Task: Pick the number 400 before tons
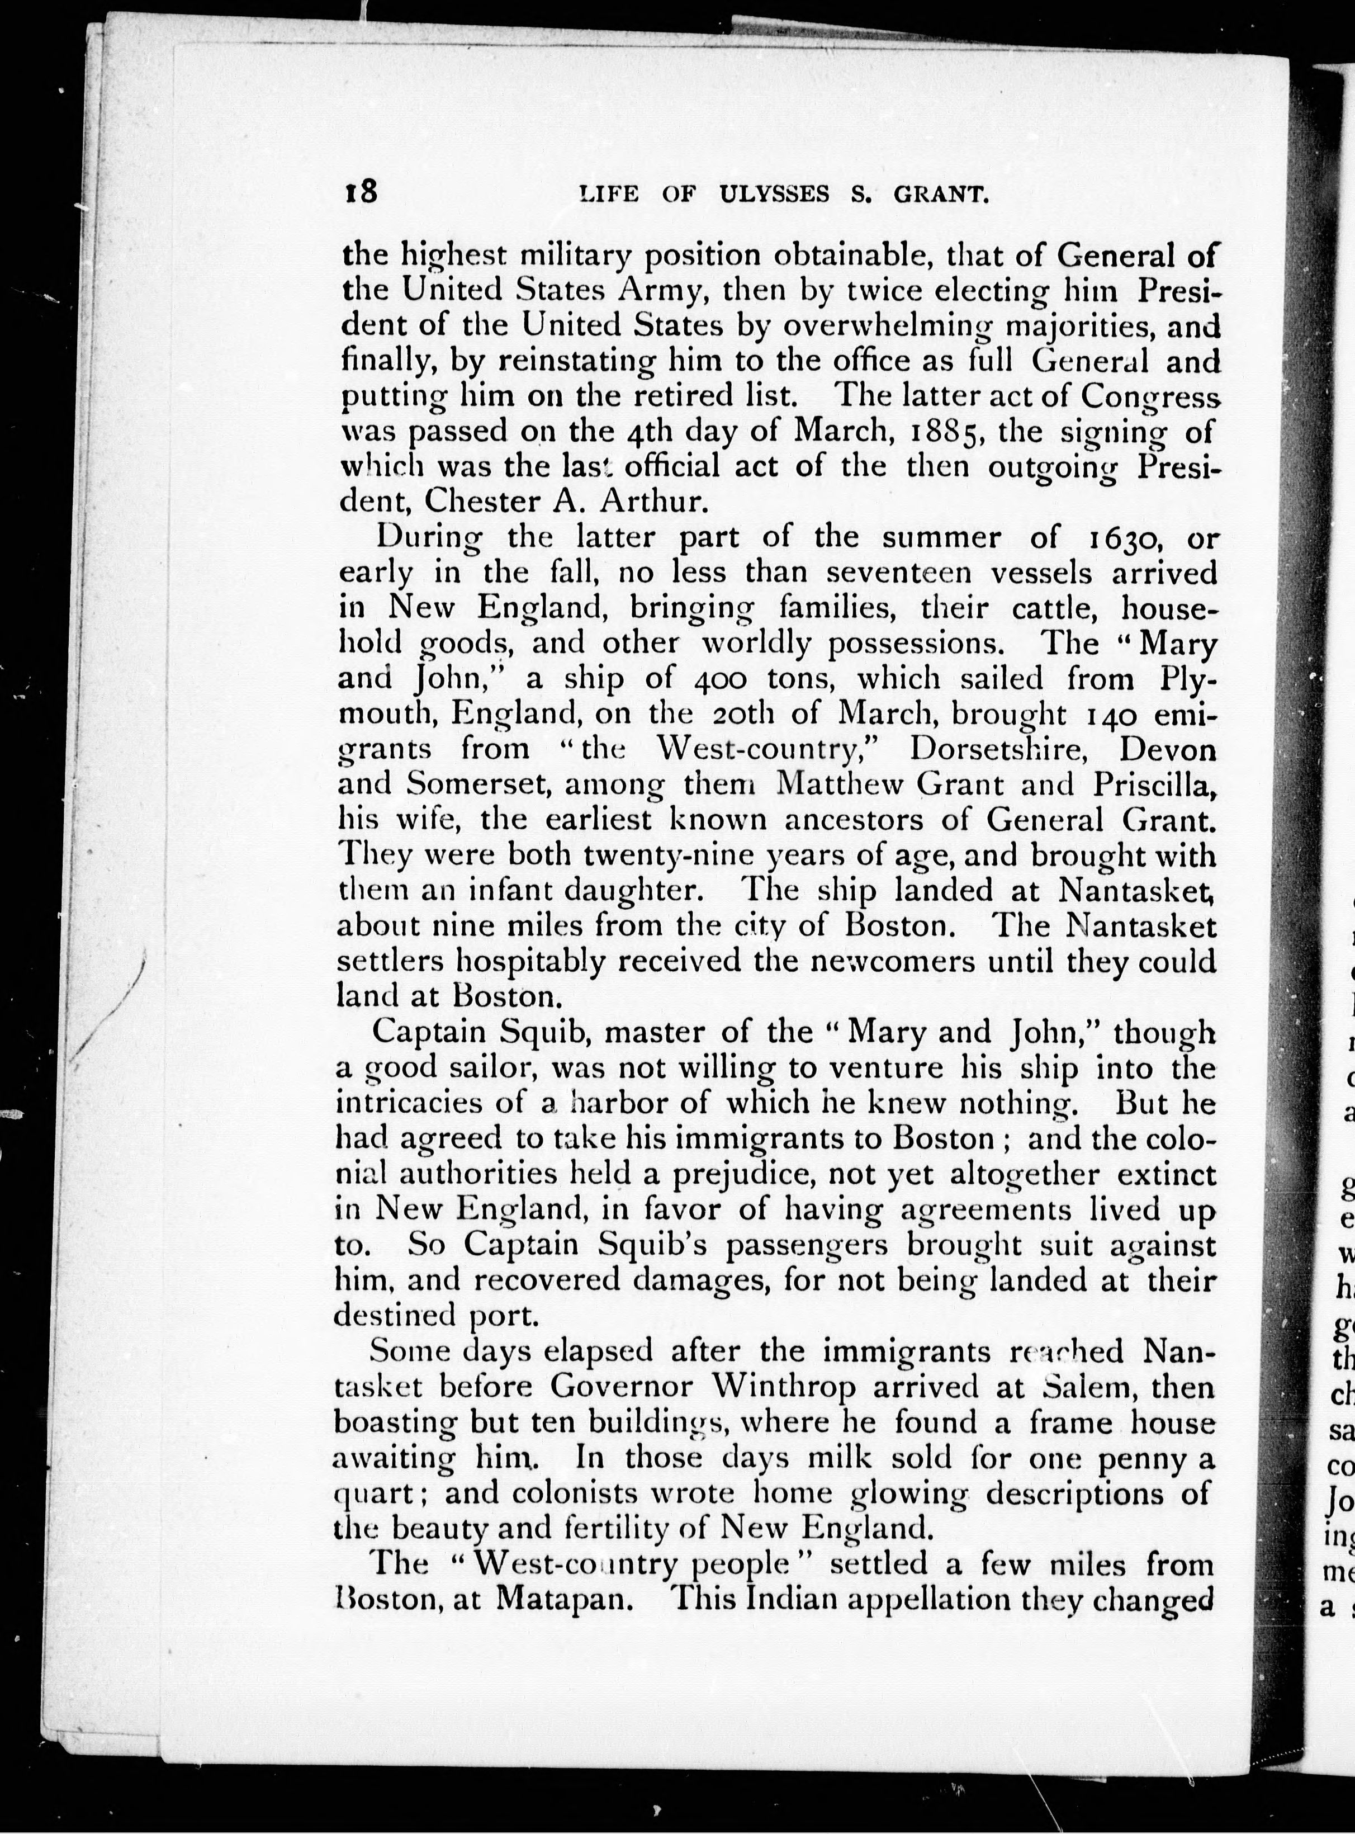(x=720, y=679)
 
